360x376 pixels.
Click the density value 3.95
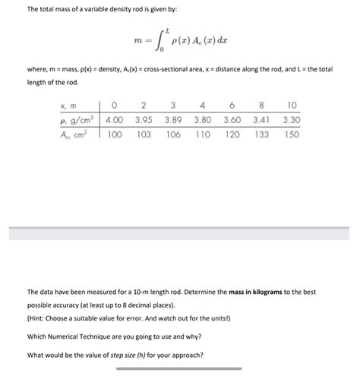144,119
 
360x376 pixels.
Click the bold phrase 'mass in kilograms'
245,291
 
